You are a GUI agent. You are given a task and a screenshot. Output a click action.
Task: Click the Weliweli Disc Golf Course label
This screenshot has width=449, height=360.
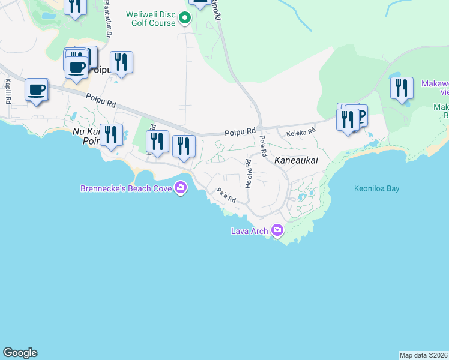[151, 18]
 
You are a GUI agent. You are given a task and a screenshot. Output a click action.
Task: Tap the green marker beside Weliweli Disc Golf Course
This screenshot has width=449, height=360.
[185, 19]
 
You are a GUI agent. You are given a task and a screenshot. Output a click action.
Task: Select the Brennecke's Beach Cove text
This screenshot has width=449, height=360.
[126, 188]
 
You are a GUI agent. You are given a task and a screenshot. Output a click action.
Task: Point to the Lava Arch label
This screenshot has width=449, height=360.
[250, 230]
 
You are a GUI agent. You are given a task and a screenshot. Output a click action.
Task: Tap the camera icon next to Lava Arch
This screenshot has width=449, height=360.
[277, 230]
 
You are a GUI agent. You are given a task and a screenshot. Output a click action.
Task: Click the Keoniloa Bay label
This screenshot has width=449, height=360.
[376, 188]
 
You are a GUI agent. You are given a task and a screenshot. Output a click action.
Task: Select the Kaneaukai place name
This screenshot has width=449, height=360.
[296, 161]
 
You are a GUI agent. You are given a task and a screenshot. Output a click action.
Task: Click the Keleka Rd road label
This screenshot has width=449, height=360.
[301, 133]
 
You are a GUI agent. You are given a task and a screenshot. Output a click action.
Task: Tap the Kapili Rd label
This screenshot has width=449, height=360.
[8, 90]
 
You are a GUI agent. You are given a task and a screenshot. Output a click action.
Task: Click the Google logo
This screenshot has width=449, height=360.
[20, 353]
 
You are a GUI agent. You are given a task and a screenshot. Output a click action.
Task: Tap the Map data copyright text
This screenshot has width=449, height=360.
[423, 355]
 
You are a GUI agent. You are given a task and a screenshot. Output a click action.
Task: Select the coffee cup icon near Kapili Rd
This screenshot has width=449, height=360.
[37, 89]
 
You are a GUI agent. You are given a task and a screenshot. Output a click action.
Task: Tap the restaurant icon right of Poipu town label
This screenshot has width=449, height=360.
[121, 62]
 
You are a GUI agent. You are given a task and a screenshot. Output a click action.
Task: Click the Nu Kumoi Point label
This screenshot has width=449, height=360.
[84, 136]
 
